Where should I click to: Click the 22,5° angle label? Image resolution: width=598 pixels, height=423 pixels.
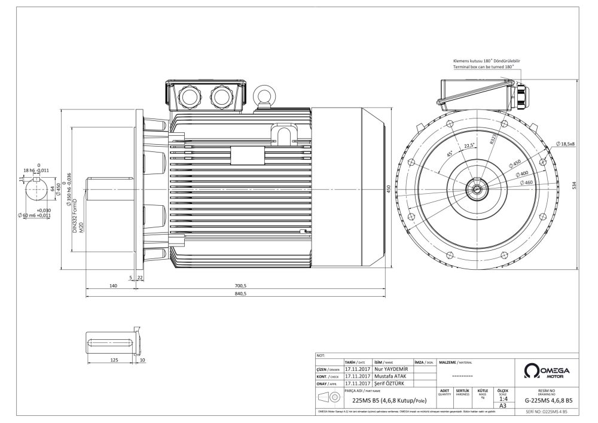pos(470,145)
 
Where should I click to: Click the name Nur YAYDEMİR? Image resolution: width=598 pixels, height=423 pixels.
pos(390,370)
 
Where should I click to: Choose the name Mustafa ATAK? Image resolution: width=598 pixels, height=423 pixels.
pos(392,376)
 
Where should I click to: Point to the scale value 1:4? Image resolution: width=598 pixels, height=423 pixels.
pos(503,398)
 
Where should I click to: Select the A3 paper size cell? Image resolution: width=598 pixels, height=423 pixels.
pos(503,405)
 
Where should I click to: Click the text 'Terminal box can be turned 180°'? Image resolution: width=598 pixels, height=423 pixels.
pos(484,68)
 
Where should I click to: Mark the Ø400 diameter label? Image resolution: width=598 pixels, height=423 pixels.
pos(523,173)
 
